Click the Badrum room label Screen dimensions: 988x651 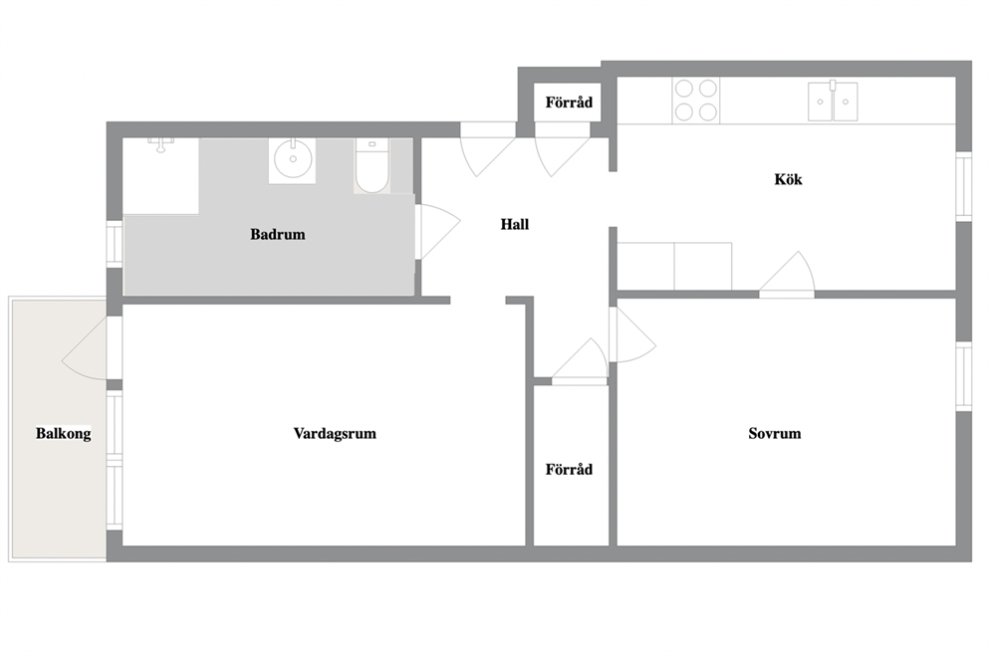click(277, 234)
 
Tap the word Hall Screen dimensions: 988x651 click(514, 224)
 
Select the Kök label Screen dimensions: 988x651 click(788, 179)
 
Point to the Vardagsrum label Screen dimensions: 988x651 click(335, 434)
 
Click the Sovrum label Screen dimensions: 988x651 click(775, 433)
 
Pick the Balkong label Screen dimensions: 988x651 click(63, 434)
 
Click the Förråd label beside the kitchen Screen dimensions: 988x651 click(569, 102)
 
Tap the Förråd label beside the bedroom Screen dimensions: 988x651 click(569, 469)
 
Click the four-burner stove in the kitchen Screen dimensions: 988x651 click(695, 101)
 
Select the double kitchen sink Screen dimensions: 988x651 click(833, 101)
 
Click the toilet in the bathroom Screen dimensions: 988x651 click(371, 165)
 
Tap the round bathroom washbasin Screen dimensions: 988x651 click(293, 160)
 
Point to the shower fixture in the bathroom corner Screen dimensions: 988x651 click(161, 144)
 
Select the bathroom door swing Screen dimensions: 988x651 click(442, 230)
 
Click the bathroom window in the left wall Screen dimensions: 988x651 click(115, 243)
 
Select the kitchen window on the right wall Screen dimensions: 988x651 click(963, 186)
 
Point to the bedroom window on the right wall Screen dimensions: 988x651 click(963, 376)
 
